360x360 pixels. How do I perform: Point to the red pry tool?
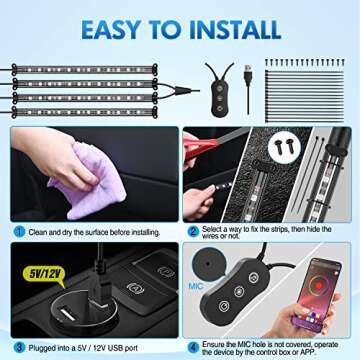205,161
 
